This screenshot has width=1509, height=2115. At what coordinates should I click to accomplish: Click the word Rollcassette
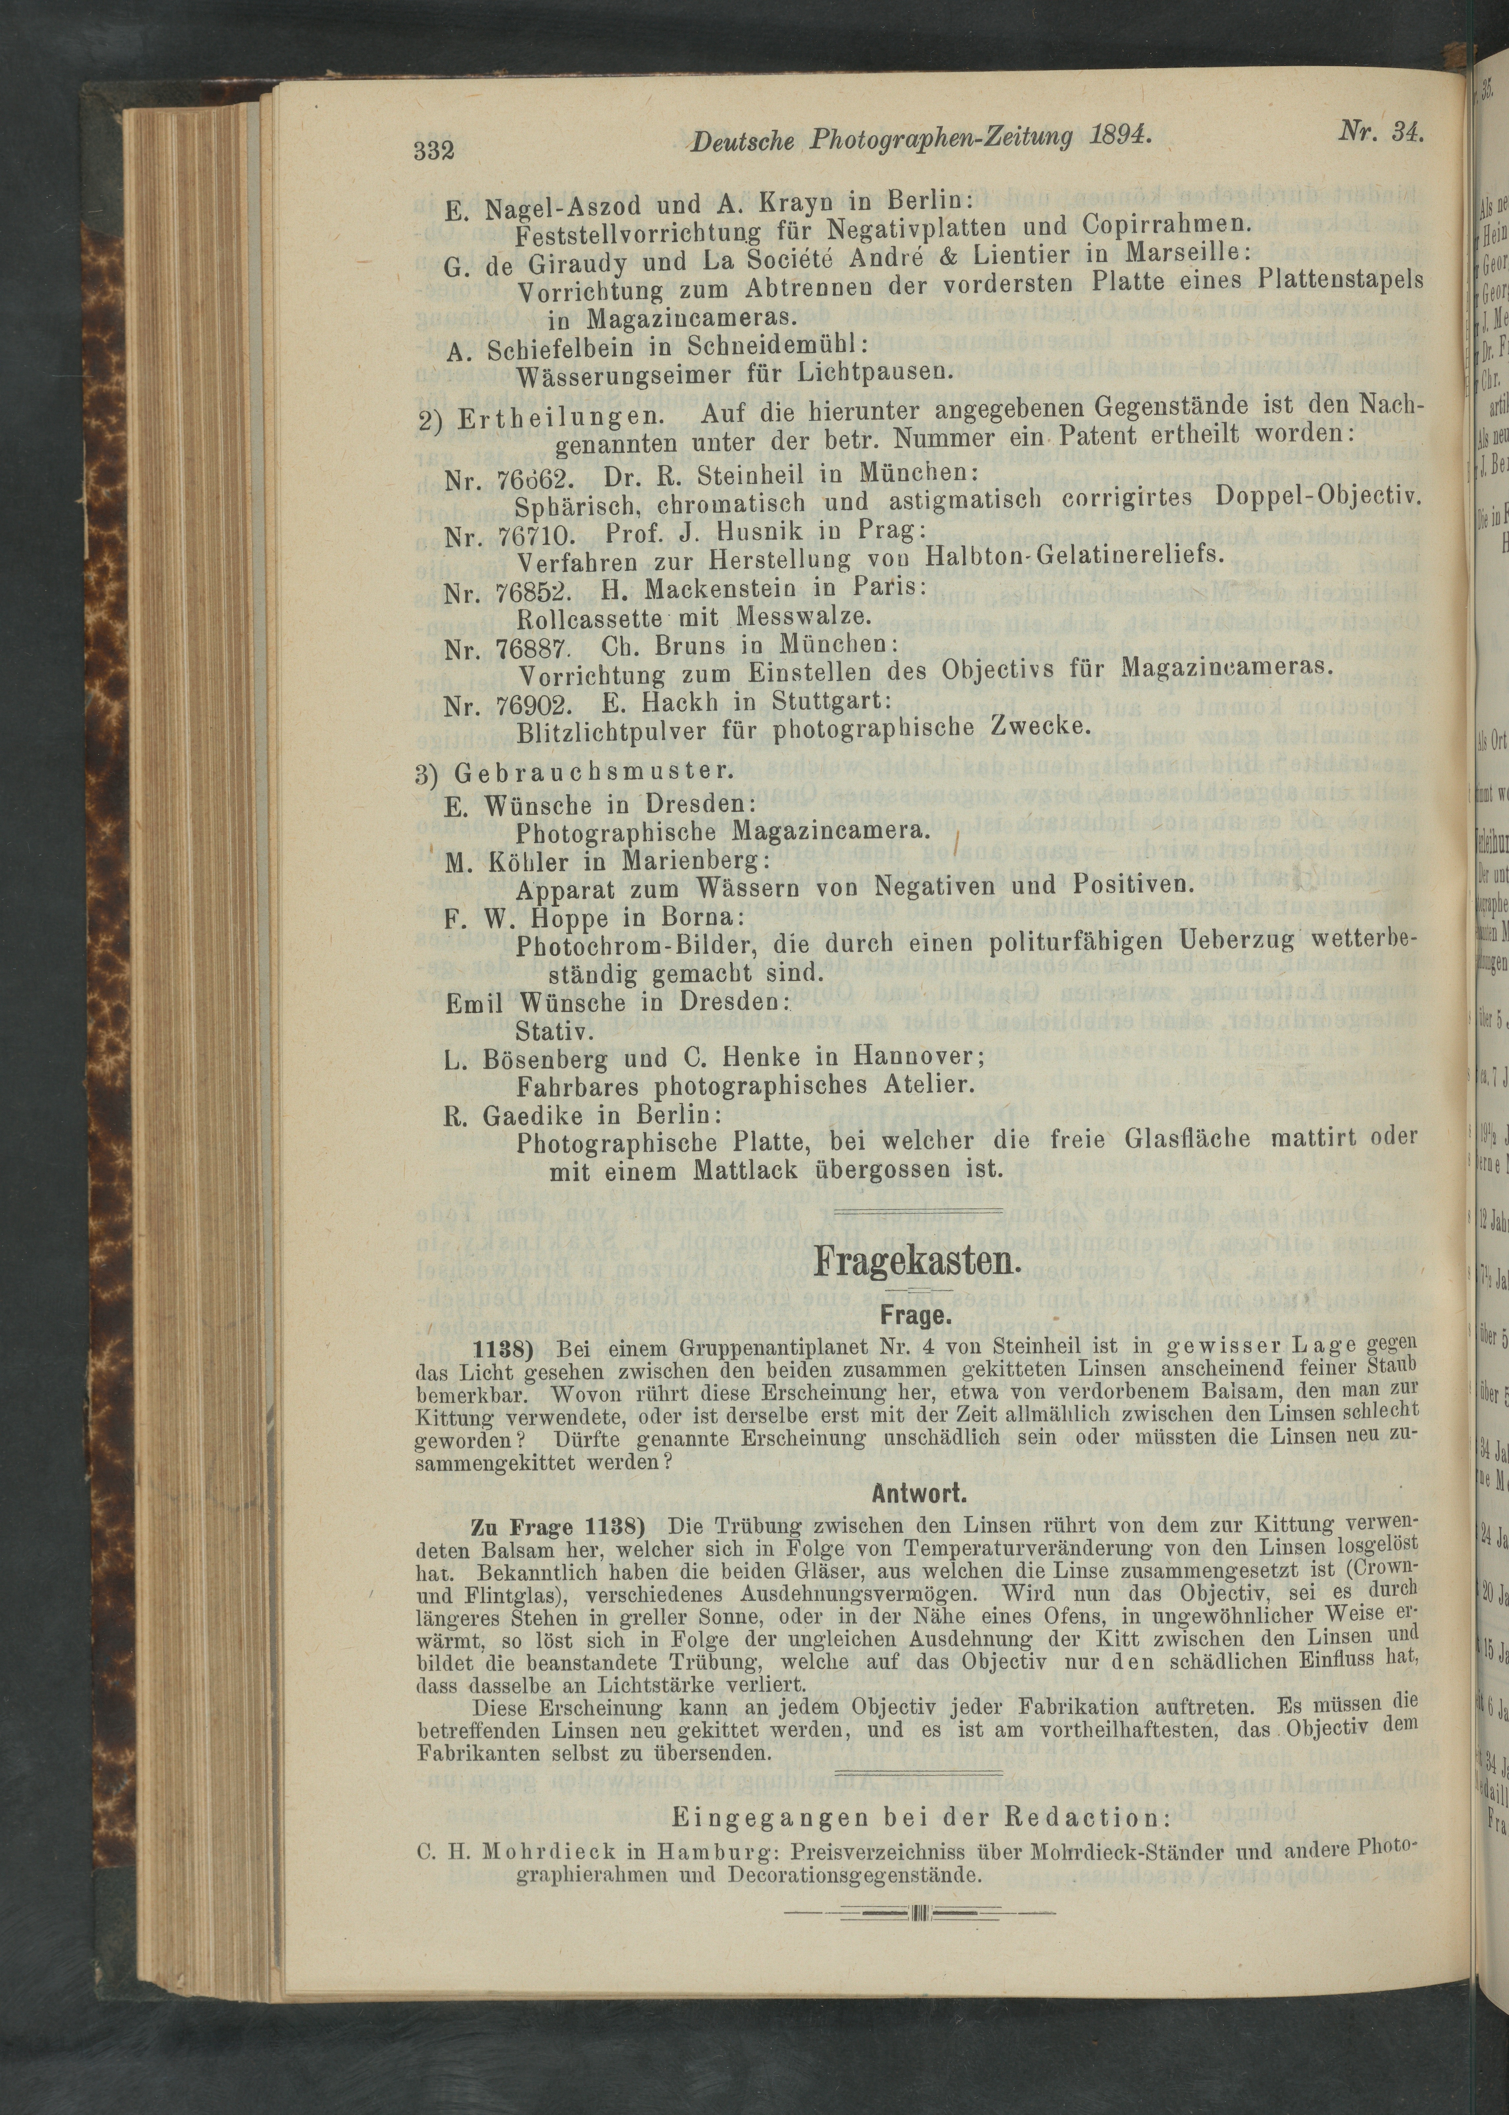point(588,618)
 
